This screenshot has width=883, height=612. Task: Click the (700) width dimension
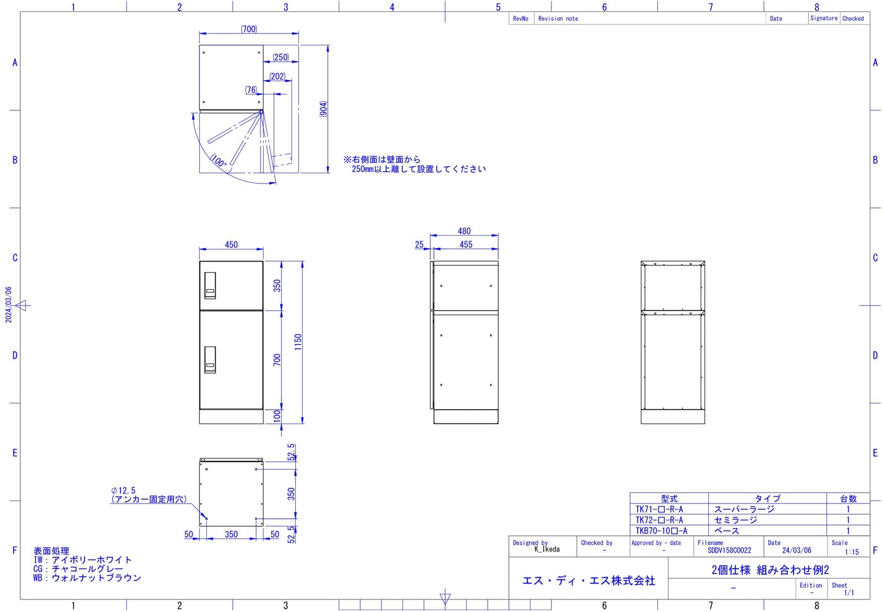pos(249,29)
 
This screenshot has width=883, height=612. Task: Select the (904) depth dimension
pos(323,108)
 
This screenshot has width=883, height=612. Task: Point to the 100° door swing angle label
pos(218,161)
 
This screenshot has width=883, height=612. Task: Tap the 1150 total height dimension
pos(298,342)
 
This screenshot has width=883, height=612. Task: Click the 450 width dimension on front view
pos(231,245)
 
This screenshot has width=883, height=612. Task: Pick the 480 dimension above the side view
pos(464,231)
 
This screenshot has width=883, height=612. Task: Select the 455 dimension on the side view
pos(466,245)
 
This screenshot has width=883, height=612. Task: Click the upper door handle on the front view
pos(210,286)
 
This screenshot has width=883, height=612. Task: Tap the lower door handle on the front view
pos(210,359)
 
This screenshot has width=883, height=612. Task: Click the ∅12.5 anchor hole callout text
pos(123,490)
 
